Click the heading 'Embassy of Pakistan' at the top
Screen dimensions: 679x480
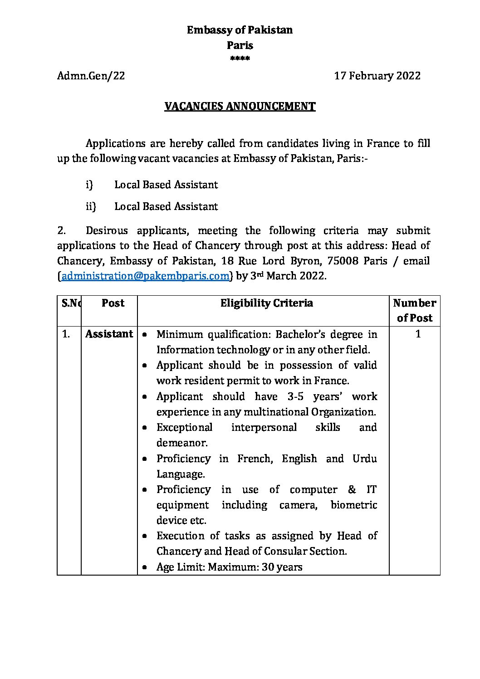[240, 30]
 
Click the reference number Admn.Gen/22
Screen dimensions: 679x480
[91, 76]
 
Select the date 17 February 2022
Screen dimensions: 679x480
[377, 76]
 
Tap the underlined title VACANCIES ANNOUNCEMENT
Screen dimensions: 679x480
[240, 107]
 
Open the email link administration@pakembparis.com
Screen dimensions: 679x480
[145, 276]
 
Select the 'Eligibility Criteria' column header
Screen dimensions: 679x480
[266, 303]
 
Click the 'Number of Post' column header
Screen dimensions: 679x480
[415, 310]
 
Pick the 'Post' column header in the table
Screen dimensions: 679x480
[113, 303]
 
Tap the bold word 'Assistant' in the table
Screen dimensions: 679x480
[109, 334]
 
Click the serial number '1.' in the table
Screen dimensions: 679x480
[66, 334]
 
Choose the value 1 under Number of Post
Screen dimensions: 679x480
[418, 334]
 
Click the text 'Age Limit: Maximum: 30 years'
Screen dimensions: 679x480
[229, 567]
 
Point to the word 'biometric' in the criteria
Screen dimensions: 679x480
[353, 505]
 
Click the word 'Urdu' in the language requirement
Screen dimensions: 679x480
[365, 459]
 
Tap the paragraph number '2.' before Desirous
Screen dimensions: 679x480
[62, 230]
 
